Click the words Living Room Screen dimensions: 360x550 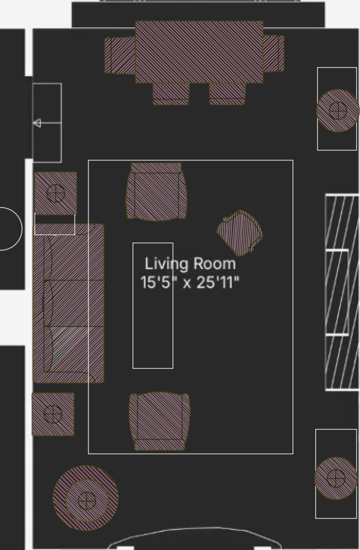coord(190,264)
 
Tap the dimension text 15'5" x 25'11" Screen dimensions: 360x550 coord(190,282)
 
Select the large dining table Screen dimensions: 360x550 coord(199,52)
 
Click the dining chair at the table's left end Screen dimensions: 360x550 coord(120,55)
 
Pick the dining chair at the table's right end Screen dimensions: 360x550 coord(274,54)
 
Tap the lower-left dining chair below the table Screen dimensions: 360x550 coord(171,94)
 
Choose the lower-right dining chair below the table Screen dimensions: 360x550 coord(227,94)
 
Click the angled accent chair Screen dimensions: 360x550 coord(240,233)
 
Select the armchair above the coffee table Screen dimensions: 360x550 coord(156,192)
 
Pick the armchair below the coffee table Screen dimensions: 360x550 coord(160,421)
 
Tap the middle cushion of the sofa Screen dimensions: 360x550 coord(74,303)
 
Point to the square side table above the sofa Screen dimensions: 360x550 coord(55,194)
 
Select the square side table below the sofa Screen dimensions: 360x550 coord(53,414)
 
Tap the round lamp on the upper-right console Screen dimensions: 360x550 coord(338,111)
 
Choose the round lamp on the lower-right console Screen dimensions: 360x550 coord(336,478)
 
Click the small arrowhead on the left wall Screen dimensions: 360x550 coord(37,123)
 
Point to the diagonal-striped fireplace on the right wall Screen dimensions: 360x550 coord(342,292)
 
